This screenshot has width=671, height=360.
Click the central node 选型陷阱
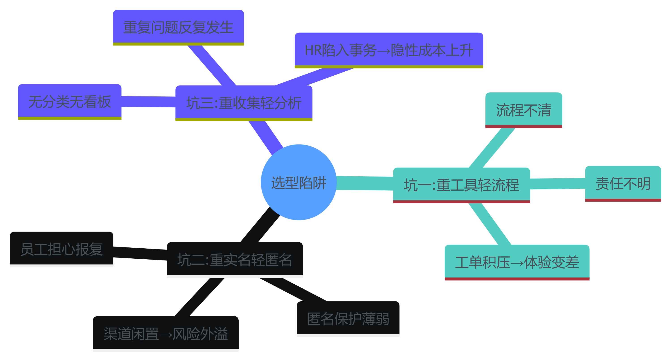click(299, 182)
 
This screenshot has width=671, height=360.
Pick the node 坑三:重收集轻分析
click(244, 102)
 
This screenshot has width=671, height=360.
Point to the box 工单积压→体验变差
click(517, 262)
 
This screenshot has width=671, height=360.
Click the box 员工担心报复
click(62, 249)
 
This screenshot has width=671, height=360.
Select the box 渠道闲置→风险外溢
click(166, 333)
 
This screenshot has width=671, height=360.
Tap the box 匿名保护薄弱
click(348, 318)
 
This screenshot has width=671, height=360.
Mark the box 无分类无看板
click(70, 101)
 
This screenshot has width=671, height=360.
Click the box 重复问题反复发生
click(178, 27)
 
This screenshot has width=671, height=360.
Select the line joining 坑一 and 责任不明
click(557, 184)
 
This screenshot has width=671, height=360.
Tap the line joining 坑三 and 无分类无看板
click(148, 102)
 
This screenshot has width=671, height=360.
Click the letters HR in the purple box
click(312, 50)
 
